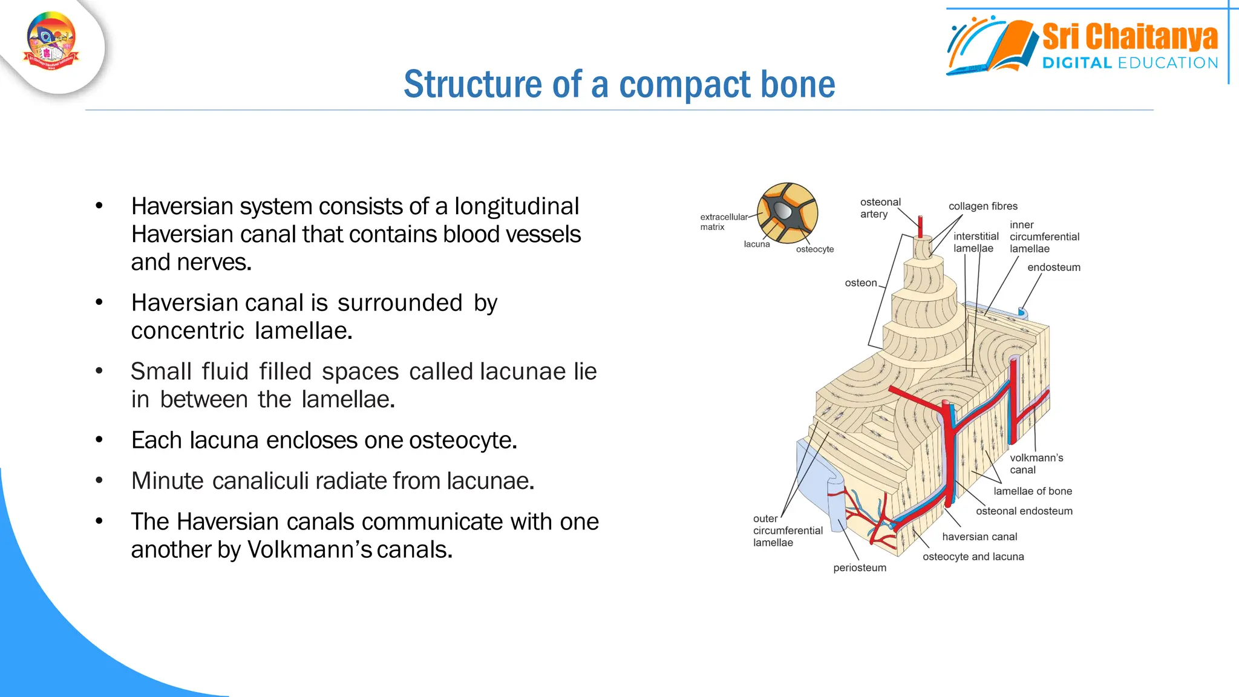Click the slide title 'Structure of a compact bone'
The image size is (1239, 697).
(619, 84)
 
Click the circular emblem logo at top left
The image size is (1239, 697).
(51, 41)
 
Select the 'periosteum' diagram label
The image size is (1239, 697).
(859, 568)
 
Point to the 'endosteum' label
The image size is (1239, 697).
(1053, 267)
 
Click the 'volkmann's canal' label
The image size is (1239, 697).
(1036, 464)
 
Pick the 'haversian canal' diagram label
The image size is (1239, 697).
(979, 537)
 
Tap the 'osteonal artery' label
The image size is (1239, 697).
(880, 208)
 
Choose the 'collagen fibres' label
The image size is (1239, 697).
(982, 206)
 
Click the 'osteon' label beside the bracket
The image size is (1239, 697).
(860, 283)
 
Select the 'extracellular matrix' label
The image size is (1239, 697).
(723, 222)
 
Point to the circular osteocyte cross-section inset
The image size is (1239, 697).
(787, 213)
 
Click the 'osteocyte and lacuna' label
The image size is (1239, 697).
(973, 557)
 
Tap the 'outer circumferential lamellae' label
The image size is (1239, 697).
(787, 531)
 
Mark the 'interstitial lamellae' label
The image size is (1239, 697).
(975, 243)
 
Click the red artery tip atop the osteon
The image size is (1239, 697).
(920, 226)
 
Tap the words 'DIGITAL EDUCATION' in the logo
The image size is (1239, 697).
(1129, 63)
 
